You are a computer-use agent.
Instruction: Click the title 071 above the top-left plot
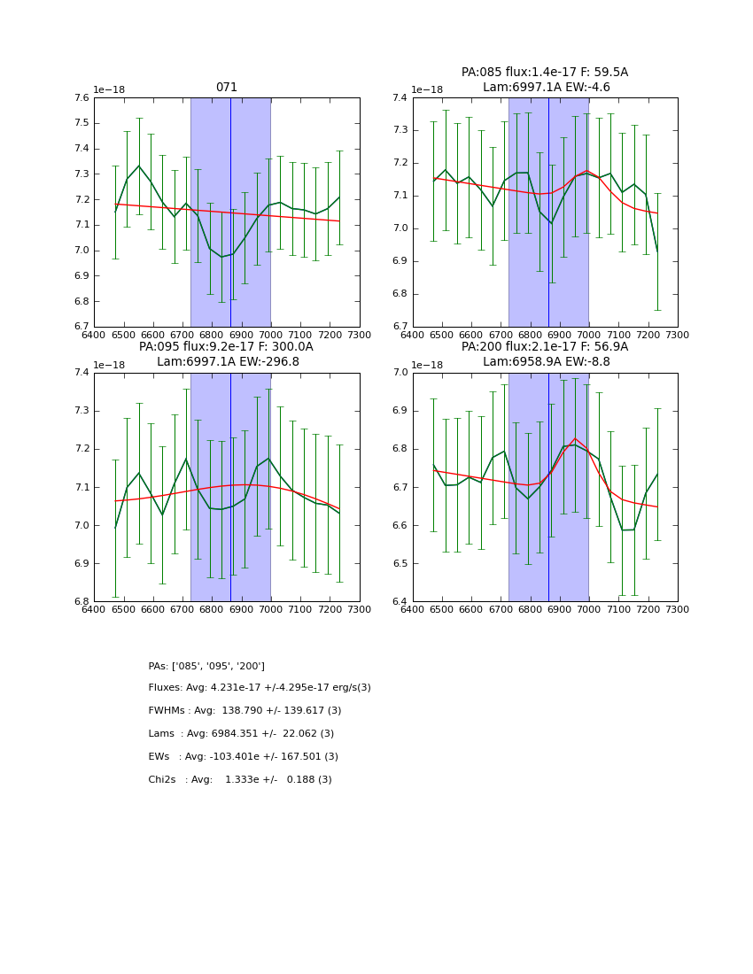pos(226,88)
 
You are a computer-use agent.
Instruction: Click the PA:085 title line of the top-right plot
pos(544,73)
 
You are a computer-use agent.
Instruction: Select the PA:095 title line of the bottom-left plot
pos(226,347)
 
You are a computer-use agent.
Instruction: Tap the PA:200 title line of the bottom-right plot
pos(544,347)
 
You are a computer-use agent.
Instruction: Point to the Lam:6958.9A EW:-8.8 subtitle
pos(546,361)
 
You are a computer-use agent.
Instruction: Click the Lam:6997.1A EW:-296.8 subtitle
pos(228,361)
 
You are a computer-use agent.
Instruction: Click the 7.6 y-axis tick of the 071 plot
pos(81,98)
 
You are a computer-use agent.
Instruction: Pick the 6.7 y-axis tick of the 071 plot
pos(81,327)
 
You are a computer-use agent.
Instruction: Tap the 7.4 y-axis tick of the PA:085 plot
pos(400,98)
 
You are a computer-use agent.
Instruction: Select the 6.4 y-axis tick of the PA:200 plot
pos(400,602)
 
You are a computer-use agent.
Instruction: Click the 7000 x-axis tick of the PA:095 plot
pos(270,609)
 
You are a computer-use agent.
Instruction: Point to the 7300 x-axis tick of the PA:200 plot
pos(677,609)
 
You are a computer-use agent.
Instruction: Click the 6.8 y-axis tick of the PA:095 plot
pos(81,602)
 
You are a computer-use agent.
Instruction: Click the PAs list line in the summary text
pos(206,666)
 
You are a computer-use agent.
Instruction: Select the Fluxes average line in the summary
pos(260,688)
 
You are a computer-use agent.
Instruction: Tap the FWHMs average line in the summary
pos(245,711)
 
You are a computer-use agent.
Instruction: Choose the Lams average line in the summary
pos(241,734)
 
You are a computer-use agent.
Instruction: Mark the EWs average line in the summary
pos(243,757)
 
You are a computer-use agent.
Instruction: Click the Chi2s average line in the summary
pos(240,780)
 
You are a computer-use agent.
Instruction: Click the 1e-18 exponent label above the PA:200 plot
pos(428,365)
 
